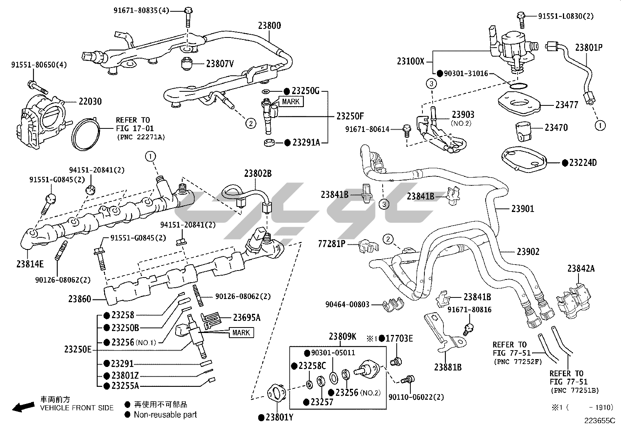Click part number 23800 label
coord(269,26)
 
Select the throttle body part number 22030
coord(90,101)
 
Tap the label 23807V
coord(220,63)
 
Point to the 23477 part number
coord(567,105)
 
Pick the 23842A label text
coord(581,269)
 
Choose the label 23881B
coord(447,367)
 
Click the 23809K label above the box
coord(342,336)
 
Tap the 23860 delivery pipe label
coord(80,299)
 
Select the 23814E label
coord(30,264)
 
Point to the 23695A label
coord(247,318)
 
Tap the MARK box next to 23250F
coord(291,101)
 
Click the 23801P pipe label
coord(589,48)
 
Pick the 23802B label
coord(258,174)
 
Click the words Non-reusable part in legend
coord(165,415)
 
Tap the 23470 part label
coord(556,128)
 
